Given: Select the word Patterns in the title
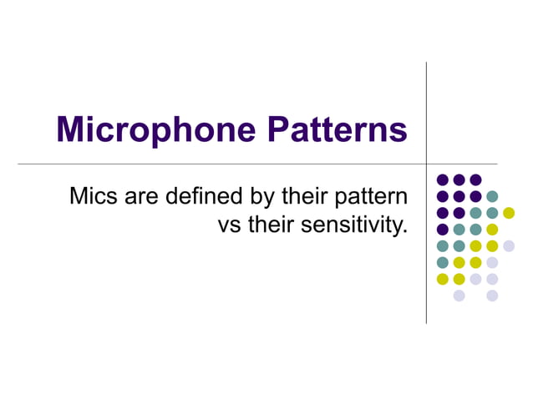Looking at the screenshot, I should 338,130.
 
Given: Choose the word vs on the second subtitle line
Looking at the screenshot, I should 228,225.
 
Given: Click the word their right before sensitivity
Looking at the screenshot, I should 266,225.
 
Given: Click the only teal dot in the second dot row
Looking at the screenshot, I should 492,196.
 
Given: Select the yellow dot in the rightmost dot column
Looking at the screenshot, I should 509,213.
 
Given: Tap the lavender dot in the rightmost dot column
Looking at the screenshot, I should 509,245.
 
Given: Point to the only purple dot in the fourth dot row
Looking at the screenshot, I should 443,230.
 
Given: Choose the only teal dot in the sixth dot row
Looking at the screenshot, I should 443,262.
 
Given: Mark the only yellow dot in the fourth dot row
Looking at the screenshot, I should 492,230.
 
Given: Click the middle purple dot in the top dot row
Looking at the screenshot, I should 459,179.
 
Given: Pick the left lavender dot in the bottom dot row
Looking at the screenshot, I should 459,295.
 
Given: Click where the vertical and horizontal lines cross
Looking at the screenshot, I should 426,164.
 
